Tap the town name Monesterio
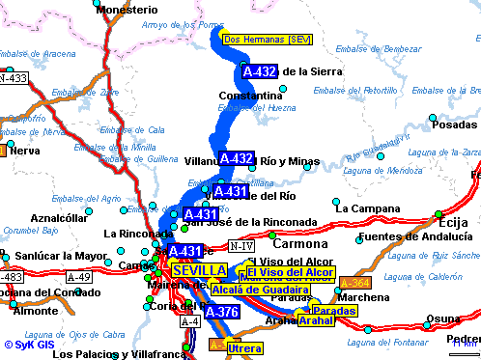(x=127, y=9)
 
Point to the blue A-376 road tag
(x=222, y=312)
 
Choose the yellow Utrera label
(x=244, y=347)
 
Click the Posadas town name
(x=454, y=125)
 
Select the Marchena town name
(x=364, y=297)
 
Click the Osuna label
(x=444, y=318)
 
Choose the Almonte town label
(x=33, y=312)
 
